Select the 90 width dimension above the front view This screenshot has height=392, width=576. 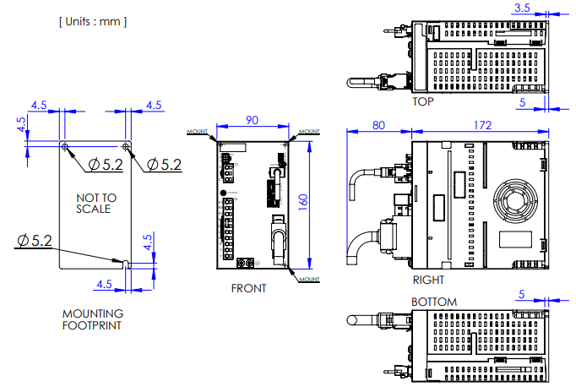(252, 120)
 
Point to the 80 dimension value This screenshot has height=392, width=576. (379, 125)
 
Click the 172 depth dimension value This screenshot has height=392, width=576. (482, 125)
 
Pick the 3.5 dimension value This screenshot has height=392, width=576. (522, 8)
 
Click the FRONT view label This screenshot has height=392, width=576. (248, 288)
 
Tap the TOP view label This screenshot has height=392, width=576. (423, 101)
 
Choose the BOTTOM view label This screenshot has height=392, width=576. (433, 302)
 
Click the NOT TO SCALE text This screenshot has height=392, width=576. (93, 203)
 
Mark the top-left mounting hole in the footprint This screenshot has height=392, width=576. (66, 147)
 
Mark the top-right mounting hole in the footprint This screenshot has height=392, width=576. (125, 147)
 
